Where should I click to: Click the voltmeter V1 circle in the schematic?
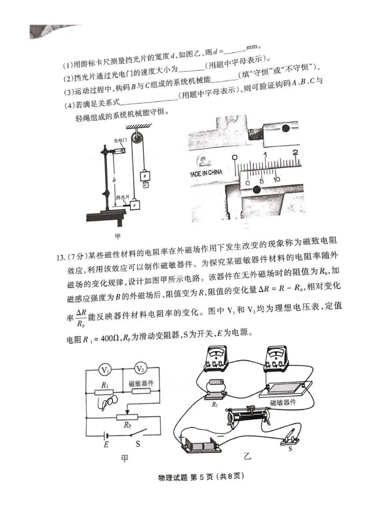[x=106, y=370]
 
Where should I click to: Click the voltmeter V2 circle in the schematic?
[x=140, y=369]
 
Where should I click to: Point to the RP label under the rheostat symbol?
[x=127, y=425]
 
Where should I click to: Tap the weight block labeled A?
[x=135, y=205]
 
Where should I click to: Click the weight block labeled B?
[x=145, y=176]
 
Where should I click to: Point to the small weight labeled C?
[x=145, y=185]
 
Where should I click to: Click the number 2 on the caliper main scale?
[x=295, y=153]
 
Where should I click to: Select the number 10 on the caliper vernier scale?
[x=277, y=179]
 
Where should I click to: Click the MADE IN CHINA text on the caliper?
[x=206, y=172]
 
